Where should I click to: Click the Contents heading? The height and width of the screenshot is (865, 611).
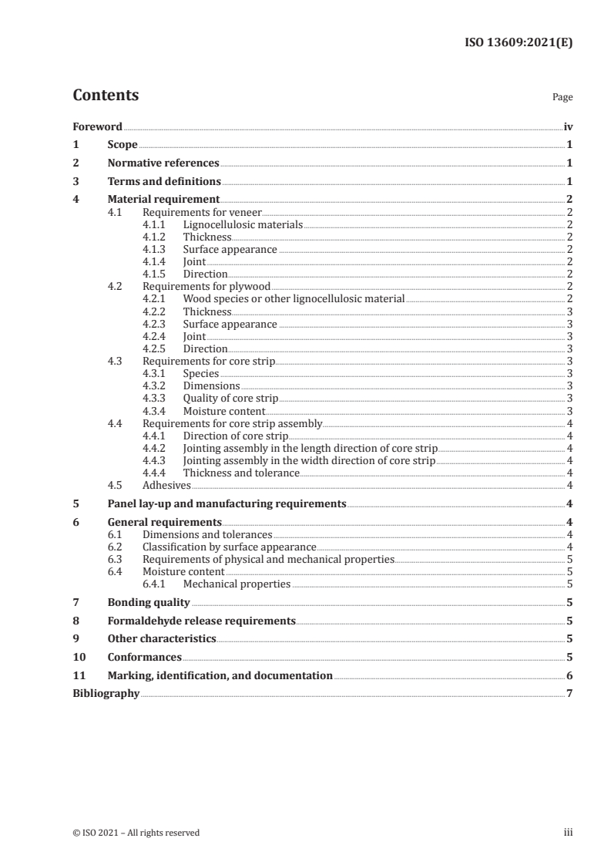(x=106, y=96)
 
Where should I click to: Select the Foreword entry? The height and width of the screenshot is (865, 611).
(x=97, y=126)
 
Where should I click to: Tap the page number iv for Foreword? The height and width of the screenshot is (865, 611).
(x=568, y=126)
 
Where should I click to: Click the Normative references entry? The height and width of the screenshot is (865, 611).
(x=163, y=163)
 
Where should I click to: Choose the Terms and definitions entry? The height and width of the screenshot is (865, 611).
(x=164, y=182)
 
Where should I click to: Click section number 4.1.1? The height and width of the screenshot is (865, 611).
(x=154, y=225)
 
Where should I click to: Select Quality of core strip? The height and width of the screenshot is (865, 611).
(x=230, y=399)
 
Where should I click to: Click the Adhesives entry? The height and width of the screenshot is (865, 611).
(x=166, y=486)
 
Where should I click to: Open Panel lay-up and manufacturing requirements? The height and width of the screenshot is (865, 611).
(x=227, y=504)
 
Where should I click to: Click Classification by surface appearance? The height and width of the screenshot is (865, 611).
(x=230, y=547)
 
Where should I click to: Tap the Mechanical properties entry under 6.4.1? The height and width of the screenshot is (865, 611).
(x=237, y=584)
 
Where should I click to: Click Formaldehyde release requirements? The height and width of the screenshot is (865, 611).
(x=201, y=621)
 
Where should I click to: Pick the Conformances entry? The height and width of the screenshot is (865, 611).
(x=144, y=658)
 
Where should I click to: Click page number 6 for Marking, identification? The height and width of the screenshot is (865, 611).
(x=569, y=676)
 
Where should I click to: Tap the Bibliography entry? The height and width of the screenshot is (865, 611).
(x=106, y=694)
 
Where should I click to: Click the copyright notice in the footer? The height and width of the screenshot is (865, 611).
(x=136, y=833)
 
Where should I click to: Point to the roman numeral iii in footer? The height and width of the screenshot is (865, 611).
(x=569, y=833)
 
